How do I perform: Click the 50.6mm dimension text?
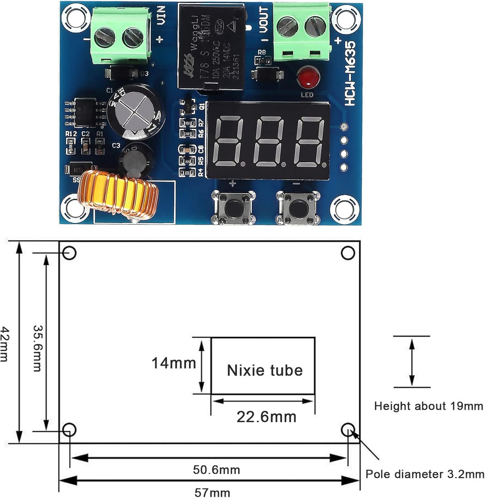209,469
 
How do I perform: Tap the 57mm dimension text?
209,492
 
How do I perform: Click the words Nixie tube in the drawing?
265,371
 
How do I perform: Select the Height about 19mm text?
428,406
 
